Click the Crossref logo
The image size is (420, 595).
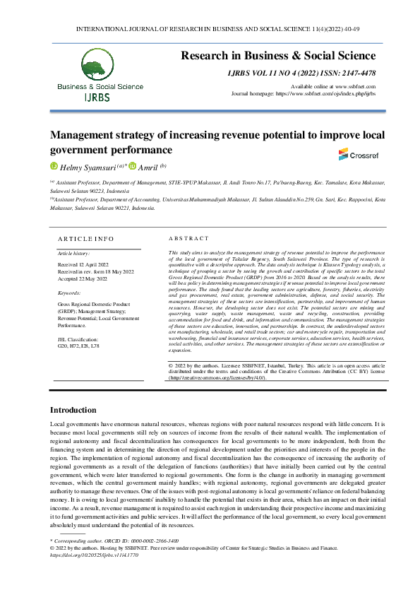353,154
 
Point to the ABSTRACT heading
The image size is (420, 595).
189,239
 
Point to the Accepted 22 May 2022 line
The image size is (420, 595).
82,278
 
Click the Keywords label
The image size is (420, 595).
69,292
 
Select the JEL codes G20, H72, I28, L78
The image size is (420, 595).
78,347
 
